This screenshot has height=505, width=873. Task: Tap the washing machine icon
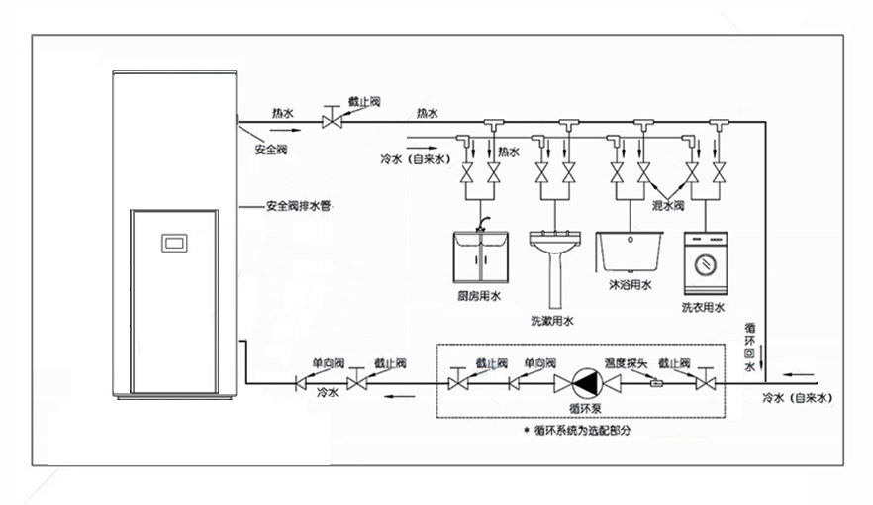705,263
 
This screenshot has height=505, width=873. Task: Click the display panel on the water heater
174,241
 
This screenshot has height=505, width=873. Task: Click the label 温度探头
627,363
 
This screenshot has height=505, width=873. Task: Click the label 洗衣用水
703,308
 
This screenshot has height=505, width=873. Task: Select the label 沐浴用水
630,285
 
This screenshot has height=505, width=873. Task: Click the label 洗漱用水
551,320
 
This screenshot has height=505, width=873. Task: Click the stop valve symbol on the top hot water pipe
332,120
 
